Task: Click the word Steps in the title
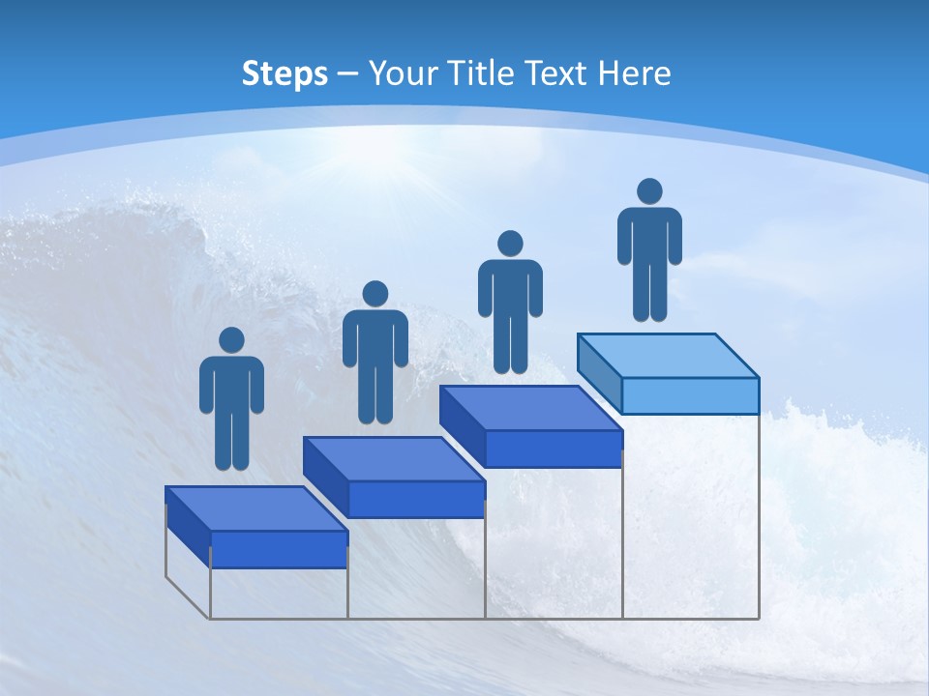point(285,73)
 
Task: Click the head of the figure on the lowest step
point(231,340)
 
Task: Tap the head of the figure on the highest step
point(649,191)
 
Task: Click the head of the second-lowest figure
point(375,294)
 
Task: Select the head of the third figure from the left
point(510,244)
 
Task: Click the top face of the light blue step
point(668,355)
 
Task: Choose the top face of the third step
point(530,408)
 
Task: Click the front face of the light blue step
point(690,395)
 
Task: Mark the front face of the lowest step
point(279,549)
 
